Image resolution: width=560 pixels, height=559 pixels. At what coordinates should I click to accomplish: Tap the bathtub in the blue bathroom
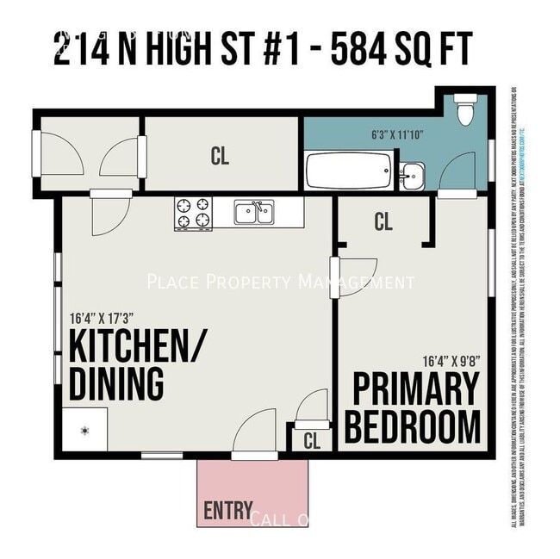350,171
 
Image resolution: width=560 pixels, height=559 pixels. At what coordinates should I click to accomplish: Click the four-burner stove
193,214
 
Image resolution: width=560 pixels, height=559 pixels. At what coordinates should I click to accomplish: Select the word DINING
116,382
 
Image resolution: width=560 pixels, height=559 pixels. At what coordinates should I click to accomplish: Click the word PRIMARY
415,389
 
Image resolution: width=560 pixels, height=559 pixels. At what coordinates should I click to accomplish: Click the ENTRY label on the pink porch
228,510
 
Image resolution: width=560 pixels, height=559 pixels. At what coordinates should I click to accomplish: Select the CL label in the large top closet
220,156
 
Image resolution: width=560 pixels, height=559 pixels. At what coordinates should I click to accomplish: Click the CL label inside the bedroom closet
383,222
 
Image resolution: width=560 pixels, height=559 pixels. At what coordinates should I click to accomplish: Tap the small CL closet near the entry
312,439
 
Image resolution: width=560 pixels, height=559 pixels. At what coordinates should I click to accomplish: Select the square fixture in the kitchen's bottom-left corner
84,428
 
